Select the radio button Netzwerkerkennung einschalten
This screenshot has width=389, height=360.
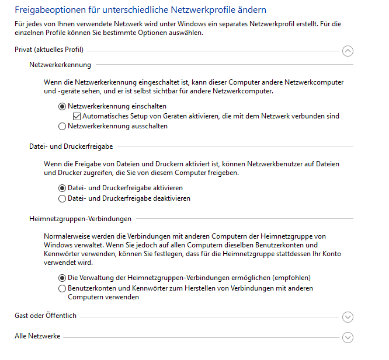point(62,107)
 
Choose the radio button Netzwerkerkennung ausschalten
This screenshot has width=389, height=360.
point(62,126)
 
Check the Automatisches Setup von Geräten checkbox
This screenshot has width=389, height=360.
point(77,117)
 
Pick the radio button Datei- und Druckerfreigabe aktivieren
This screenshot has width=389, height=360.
point(62,188)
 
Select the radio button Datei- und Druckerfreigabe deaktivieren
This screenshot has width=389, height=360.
point(62,198)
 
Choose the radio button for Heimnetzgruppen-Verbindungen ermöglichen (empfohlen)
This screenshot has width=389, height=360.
point(62,278)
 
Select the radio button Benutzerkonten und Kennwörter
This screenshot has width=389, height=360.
point(62,288)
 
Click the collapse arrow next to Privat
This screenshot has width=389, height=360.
point(348,51)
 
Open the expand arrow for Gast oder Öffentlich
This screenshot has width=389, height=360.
point(348,317)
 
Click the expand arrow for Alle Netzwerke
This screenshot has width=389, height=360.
point(348,337)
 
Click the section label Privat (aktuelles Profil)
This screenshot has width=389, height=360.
point(49,50)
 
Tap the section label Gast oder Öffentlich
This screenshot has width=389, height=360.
point(46,316)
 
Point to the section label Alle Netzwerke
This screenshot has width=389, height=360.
point(37,337)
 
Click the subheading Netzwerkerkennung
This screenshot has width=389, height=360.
point(60,65)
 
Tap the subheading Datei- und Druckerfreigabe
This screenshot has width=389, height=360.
point(71,146)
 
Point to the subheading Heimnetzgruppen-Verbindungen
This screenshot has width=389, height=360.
point(80,219)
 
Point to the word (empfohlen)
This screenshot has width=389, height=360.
point(289,278)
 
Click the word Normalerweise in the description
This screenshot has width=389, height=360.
point(67,236)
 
